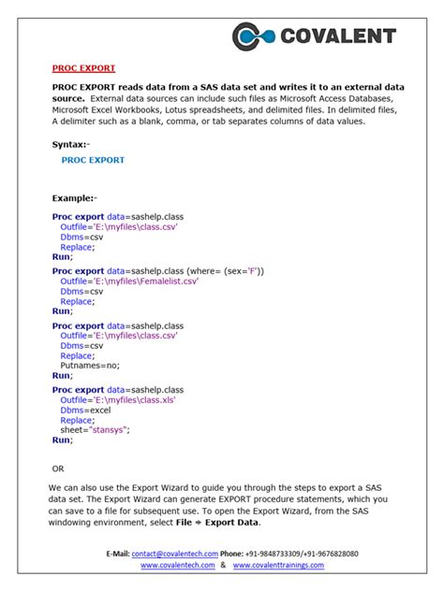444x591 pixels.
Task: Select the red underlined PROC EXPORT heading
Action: (x=83, y=68)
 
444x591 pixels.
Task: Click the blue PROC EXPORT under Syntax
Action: (x=93, y=160)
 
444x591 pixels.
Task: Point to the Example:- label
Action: (x=75, y=198)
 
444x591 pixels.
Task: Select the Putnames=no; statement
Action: (x=90, y=366)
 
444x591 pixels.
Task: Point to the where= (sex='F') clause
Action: (x=226, y=270)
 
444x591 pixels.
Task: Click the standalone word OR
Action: (x=59, y=468)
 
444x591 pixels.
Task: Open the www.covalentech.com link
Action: (x=179, y=566)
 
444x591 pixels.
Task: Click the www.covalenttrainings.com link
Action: (x=278, y=566)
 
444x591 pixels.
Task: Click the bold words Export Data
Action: (x=233, y=522)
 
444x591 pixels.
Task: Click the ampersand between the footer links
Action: (x=223, y=566)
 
